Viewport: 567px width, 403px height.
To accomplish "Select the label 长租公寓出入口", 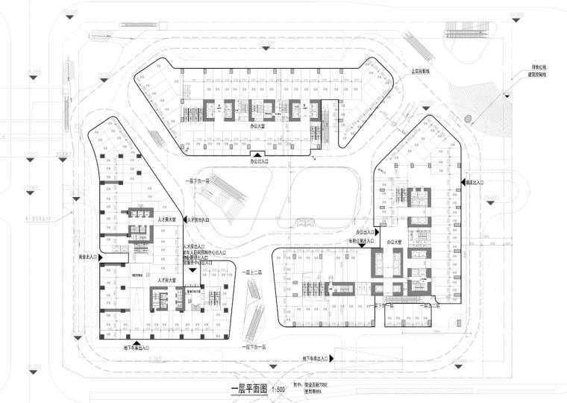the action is click(362, 242).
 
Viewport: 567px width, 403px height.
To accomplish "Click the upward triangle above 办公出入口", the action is click(259, 154).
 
